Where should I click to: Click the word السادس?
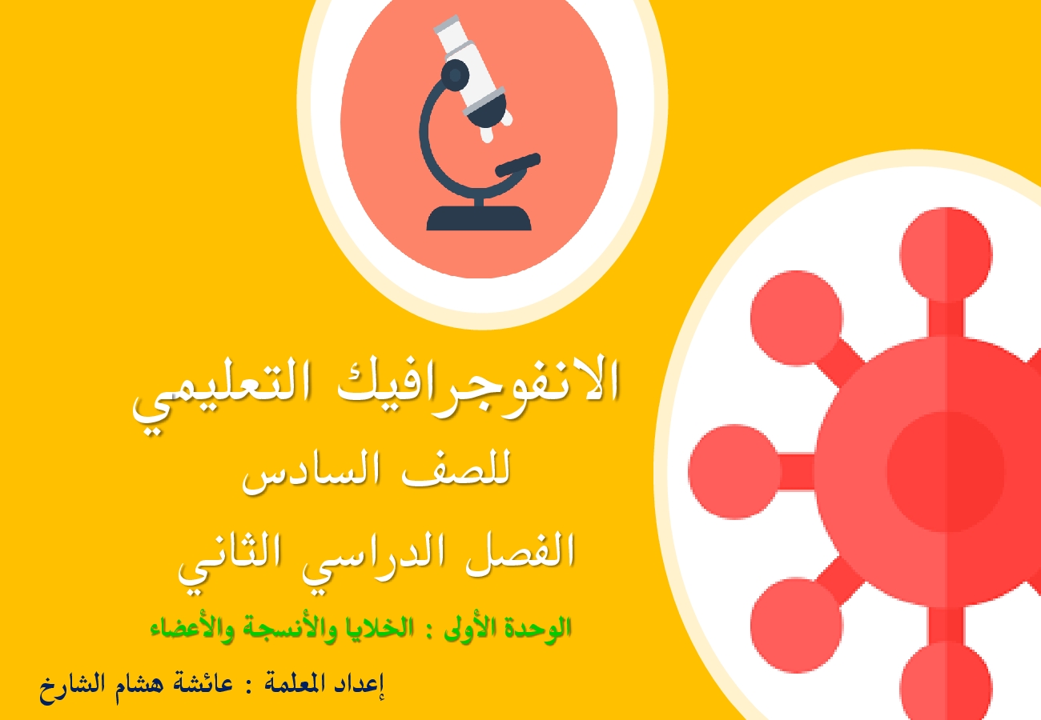[x=311, y=473]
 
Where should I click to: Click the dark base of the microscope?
[x=479, y=218]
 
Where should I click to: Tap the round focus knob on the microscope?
[x=455, y=74]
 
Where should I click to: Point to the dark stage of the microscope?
[x=518, y=165]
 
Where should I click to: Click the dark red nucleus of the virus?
[x=947, y=472]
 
